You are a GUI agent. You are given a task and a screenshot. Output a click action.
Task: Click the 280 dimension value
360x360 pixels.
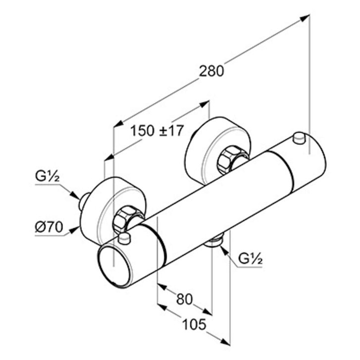[x=211, y=71]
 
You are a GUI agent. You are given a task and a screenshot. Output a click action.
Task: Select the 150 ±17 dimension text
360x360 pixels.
[x=157, y=131]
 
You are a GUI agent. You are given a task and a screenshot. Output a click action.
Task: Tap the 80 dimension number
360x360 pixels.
[x=184, y=299]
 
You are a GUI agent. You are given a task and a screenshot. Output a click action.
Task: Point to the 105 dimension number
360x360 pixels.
[x=194, y=325]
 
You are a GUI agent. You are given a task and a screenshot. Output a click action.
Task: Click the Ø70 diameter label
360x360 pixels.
[x=49, y=227]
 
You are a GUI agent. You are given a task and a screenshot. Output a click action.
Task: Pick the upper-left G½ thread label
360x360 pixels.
[x=48, y=176]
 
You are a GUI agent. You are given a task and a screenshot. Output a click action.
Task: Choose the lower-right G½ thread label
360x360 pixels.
[x=250, y=258]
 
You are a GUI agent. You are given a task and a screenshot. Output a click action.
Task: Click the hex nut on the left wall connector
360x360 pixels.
[x=125, y=220]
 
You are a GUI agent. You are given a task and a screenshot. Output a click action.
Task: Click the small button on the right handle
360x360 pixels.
[x=299, y=138]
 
